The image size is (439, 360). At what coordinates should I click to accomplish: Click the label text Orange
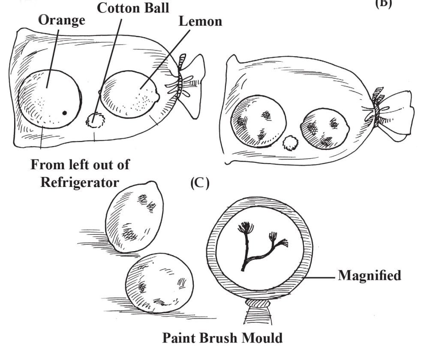(x=61, y=21)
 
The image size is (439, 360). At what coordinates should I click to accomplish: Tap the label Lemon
(x=200, y=21)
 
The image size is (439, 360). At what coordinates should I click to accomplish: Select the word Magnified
(x=370, y=275)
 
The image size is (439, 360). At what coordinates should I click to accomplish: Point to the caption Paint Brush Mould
(x=223, y=338)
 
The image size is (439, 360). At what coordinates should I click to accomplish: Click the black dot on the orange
(x=65, y=113)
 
